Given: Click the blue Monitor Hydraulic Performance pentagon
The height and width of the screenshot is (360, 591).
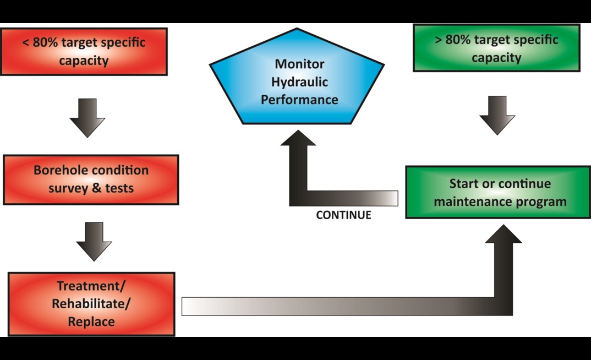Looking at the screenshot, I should click(x=299, y=83).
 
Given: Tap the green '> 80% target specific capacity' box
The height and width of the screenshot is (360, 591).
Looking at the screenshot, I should click(x=496, y=48).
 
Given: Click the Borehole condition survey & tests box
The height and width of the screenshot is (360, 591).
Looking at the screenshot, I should click(x=91, y=179).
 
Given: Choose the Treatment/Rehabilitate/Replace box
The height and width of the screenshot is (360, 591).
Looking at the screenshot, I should click(x=91, y=303).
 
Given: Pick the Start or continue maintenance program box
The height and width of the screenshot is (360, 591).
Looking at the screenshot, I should click(x=500, y=192).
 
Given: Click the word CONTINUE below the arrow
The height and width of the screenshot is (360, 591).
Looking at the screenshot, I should click(x=343, y=215).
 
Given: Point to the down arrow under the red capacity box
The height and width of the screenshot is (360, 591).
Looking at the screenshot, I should click(x=87, y=118).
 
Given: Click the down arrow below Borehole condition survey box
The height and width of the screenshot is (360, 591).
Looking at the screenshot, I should click(x=94, y=241).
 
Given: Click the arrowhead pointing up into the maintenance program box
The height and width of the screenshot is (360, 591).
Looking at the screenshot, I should click(x=504, y=235).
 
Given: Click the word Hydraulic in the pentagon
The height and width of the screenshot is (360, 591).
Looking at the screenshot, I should click(x=300, y=82).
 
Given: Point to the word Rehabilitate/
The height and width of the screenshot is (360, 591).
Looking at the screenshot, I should click(x=91, y=303).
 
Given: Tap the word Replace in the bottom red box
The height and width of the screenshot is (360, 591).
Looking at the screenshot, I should click(x=91, y=321).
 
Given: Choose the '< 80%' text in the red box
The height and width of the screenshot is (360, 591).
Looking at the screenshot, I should click(x=39, y=43).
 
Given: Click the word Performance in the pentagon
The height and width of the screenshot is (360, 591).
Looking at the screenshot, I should click(x=299, y=100).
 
